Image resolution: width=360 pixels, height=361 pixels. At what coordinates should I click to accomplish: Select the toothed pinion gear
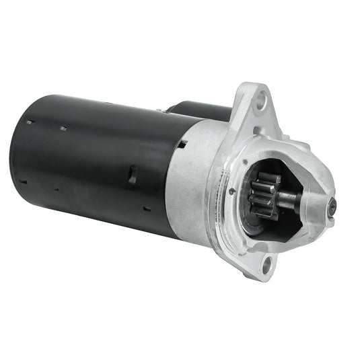(266, 196)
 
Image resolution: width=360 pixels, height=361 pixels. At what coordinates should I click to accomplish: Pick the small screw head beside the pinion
(231, 190)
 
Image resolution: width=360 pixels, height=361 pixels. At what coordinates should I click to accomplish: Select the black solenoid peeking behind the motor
(195, 110)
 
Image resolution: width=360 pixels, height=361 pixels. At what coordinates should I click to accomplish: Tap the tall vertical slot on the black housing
(132, 175)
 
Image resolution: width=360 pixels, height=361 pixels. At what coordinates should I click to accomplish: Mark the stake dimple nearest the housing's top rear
(30, 122)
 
